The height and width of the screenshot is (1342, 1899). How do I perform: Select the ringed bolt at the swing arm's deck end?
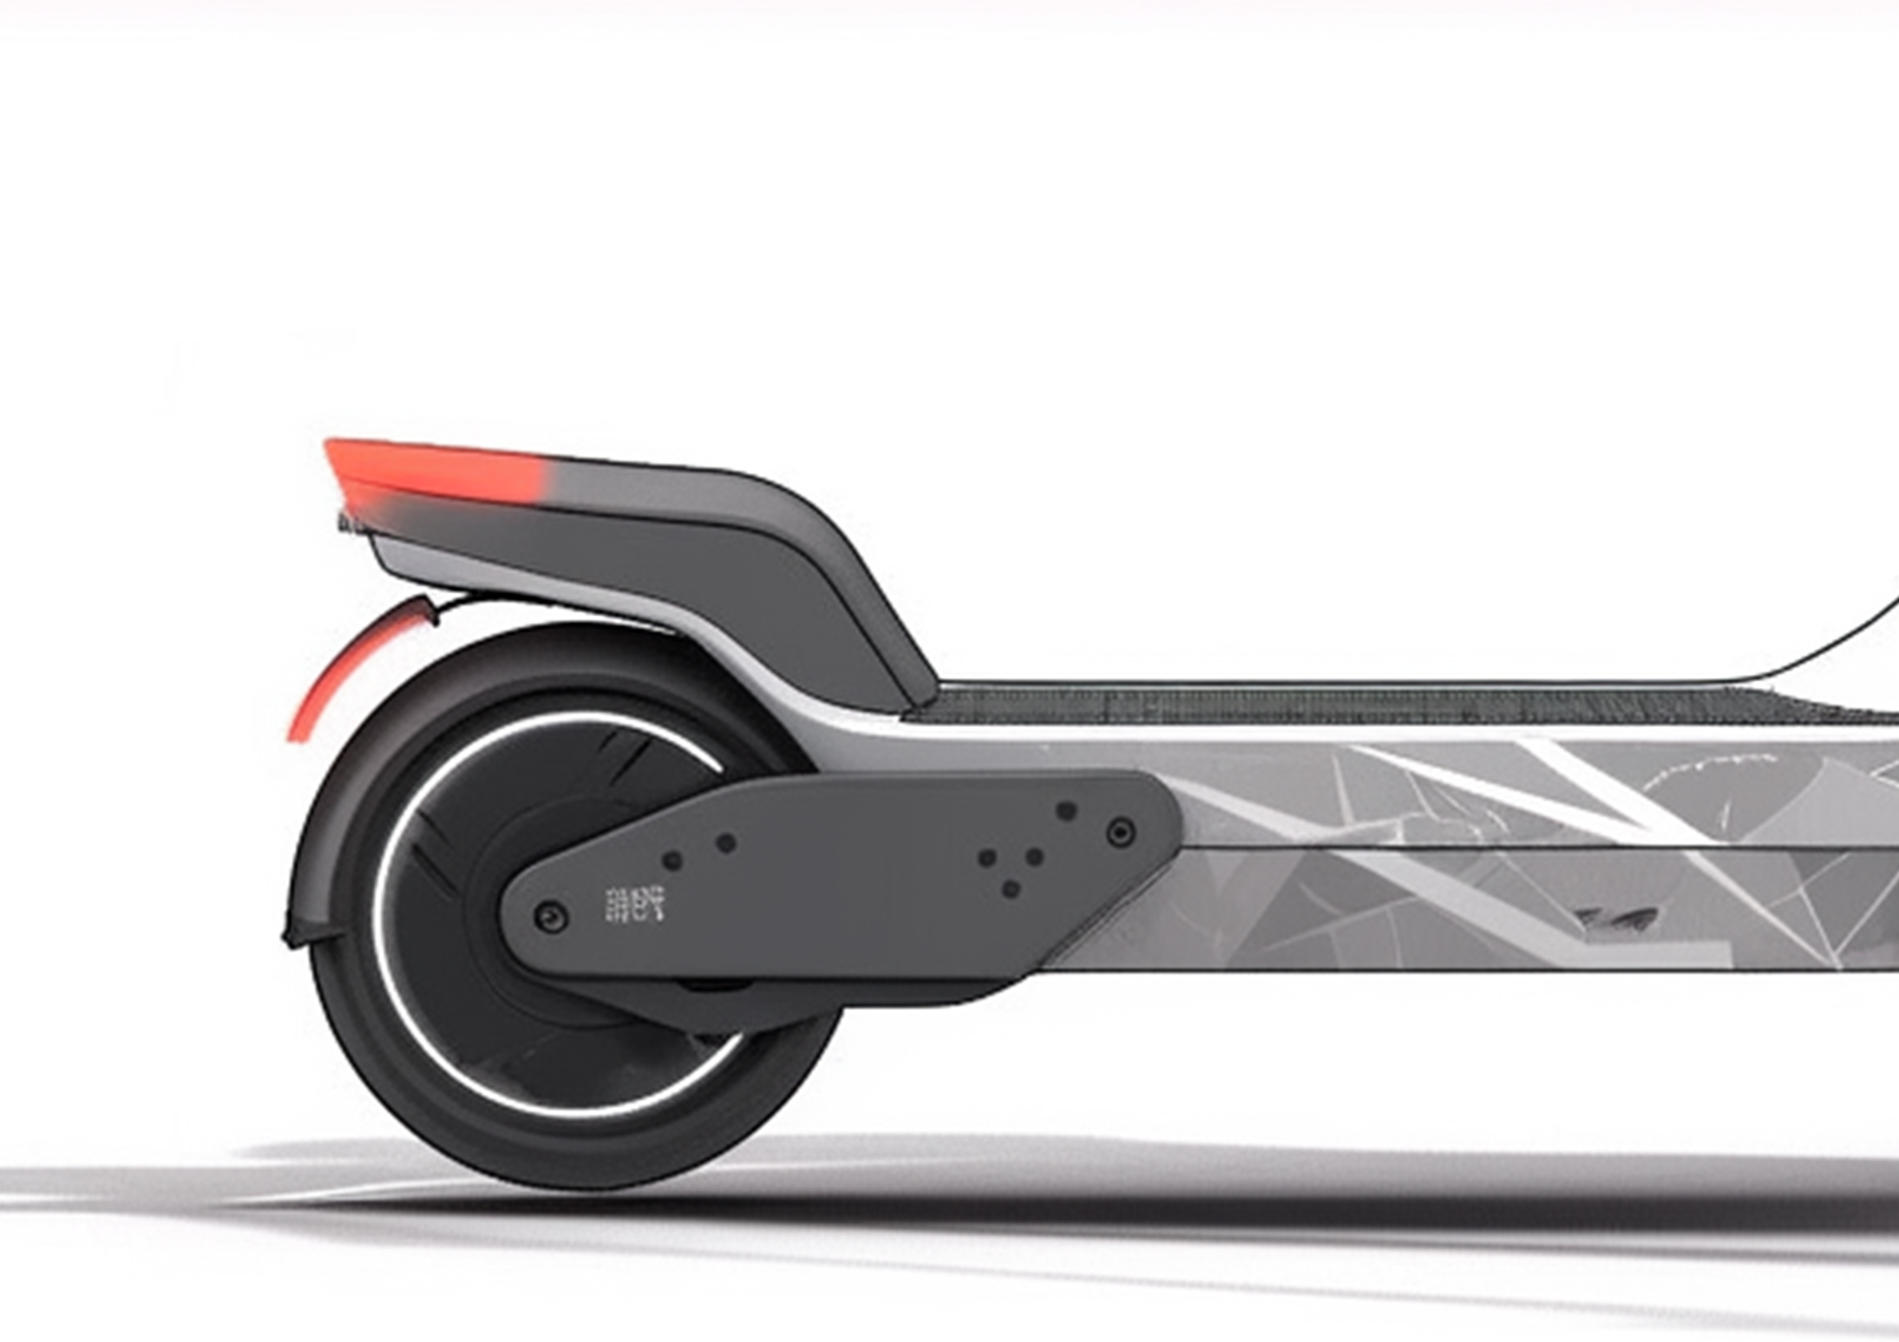click(1121, 831)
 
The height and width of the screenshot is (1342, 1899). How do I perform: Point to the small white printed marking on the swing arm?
click(635, 904)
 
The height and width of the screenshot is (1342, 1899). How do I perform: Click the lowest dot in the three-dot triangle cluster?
click(1011, 890)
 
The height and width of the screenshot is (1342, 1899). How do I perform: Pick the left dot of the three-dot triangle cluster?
click(987, 858)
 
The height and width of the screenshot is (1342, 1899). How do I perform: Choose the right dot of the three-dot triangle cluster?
click(1034, 857)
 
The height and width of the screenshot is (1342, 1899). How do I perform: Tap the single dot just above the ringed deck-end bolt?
click(1067, 810)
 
